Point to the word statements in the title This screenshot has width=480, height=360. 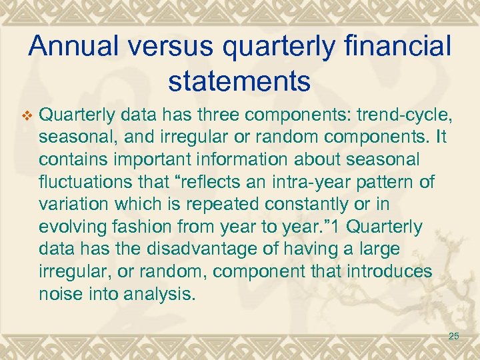[x=239, y=81]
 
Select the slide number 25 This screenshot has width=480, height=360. [x=453, y=336]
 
